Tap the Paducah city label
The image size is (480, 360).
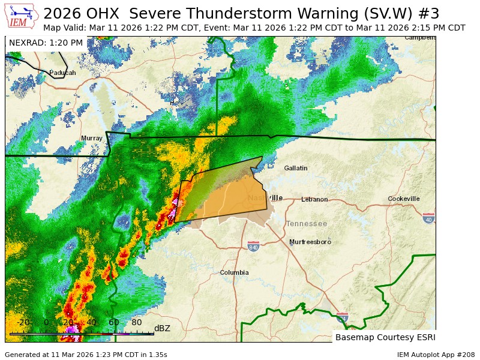click(62, 73)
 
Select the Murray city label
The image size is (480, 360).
click(92, 138)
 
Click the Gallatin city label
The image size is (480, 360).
click(295, 168)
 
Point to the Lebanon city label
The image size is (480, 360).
click(314, 199)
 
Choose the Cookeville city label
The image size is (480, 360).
click(403, 199)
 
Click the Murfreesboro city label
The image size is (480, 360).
click(310, 242)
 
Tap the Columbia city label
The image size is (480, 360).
click(234, 272)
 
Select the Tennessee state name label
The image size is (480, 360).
click(307, 224)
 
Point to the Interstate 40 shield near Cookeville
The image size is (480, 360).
click(428, 218)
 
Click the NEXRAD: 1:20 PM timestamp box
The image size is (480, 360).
click(46, 43)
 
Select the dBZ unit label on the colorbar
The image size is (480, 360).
click(162, 328)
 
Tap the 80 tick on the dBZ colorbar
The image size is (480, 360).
click(136, 322)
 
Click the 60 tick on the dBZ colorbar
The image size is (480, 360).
click(113, 322)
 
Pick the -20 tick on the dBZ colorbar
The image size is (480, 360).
click(23, 322)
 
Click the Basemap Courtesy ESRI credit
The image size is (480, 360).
click(385, 337)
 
